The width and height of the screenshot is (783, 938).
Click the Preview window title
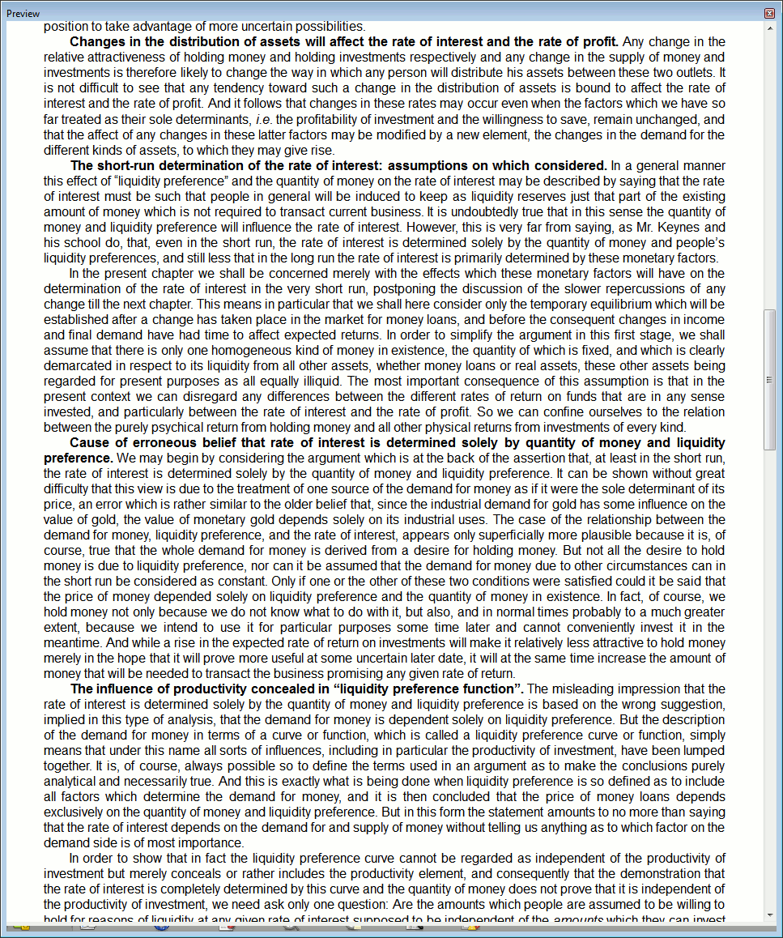point(23,14)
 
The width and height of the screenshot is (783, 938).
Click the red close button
point(769,14)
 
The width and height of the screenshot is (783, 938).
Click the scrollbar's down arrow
point(769,915)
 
